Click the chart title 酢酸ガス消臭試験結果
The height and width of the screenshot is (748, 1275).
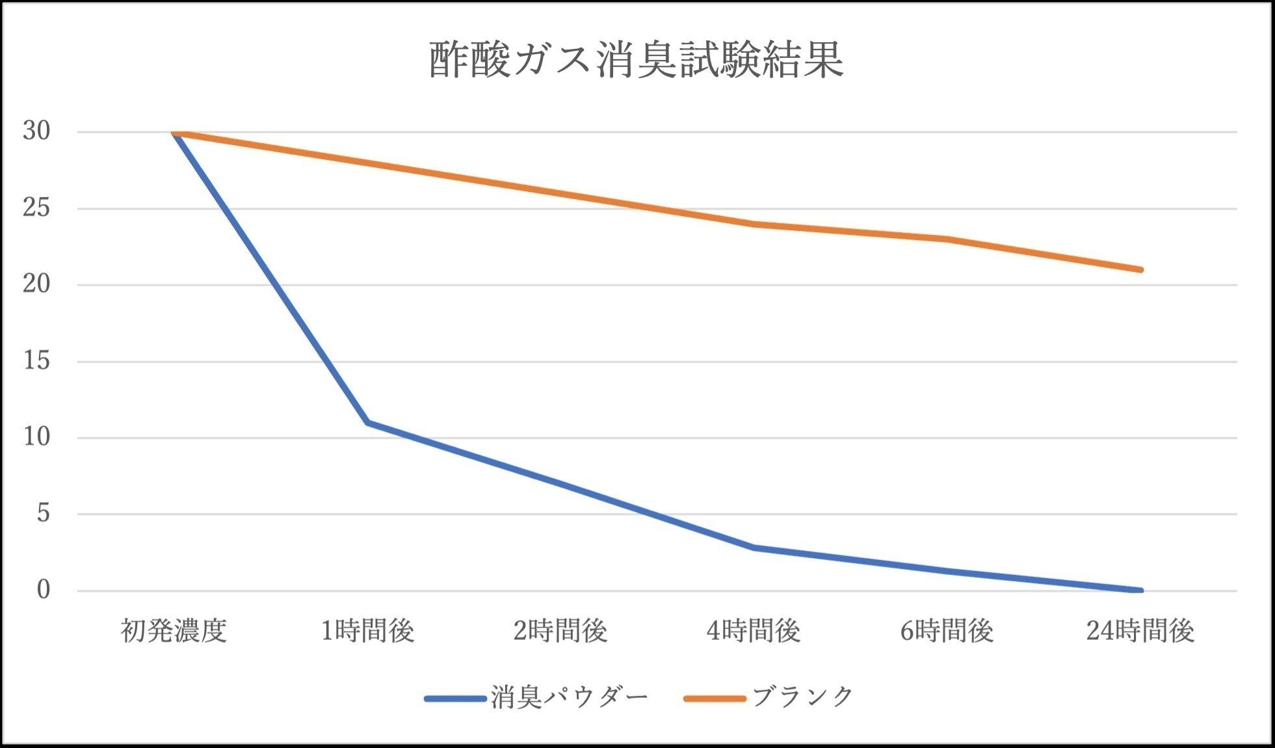[x=636, y=60]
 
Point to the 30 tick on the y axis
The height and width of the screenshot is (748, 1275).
[x=36, y=131]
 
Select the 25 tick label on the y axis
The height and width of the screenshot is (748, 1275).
[x=36, y=208]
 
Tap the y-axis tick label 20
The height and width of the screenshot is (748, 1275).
[x=36, y=284]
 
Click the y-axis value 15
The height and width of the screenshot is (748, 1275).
[x=36, y=361]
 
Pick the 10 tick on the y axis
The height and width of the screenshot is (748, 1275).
[x=36, y=437]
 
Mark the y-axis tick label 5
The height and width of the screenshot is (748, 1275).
[x=43, y=514]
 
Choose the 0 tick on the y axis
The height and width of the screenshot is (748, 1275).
[x=43, y=590]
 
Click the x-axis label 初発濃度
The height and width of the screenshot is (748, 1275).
[x=174, y=631]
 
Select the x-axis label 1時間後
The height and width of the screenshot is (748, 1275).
[x=367, y=631]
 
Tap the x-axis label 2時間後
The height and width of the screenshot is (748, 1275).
[x=560, y=631]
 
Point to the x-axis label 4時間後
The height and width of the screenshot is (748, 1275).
[x=754, y=631]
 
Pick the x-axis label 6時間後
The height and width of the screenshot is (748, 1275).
[x=947, y=631]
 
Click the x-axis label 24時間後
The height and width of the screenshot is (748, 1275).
[x=1140, y=631]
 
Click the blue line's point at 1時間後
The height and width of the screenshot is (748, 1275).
[x=367, y=423]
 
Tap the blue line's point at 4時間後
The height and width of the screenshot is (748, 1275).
[x=754, y=548]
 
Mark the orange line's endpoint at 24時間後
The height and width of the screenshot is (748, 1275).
[x=1140, y=270]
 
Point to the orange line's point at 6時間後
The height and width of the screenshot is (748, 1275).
[x=947, y=239]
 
